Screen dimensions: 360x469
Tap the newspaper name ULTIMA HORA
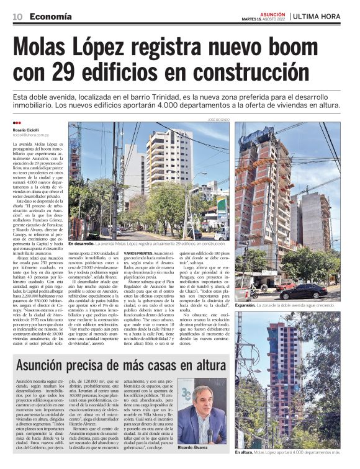(x=319, y=16)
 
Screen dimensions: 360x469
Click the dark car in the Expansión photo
(x=302, y=292)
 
